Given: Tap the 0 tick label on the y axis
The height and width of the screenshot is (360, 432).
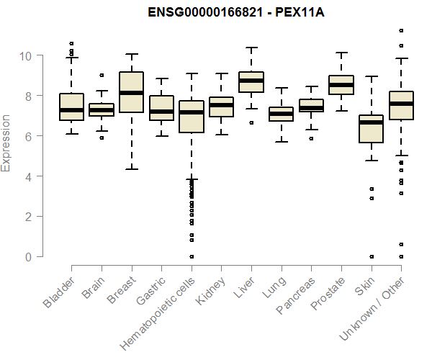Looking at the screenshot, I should (29, 257).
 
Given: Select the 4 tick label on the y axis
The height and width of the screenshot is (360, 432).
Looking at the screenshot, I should (29, 176).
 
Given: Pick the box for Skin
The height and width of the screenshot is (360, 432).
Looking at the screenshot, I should (371, 129).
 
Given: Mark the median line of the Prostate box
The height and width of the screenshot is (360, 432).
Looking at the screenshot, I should (341, 85).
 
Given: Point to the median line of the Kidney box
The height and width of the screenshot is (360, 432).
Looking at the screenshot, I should (221, 105).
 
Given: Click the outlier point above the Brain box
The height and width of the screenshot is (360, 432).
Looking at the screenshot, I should (102, 75).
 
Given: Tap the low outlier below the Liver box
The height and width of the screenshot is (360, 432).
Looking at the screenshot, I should (251, 122).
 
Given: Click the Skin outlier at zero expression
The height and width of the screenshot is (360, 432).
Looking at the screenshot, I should (371, 256).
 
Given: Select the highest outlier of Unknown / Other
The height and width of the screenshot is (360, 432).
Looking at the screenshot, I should (401, 30).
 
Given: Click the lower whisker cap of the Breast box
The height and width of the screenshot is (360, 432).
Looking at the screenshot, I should (131, 168).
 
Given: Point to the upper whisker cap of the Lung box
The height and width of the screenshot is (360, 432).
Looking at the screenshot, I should (281, 88).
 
